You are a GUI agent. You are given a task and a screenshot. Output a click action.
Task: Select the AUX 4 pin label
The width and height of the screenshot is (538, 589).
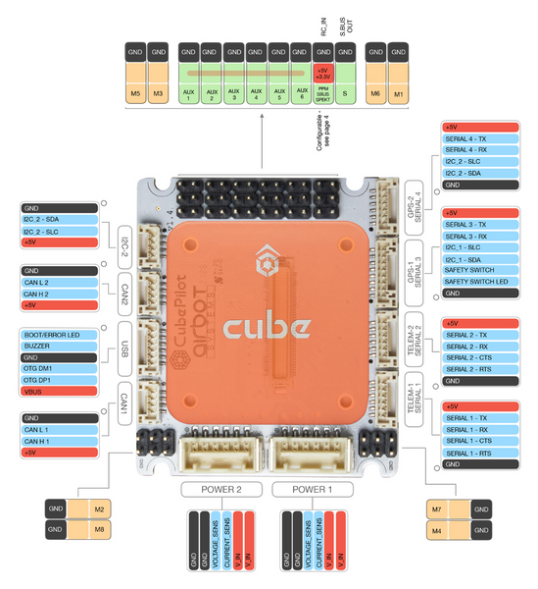click(x=257, y=94)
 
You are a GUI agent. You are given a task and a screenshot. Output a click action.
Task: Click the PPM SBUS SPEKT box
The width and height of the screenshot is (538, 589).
click(x=321, y=95)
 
